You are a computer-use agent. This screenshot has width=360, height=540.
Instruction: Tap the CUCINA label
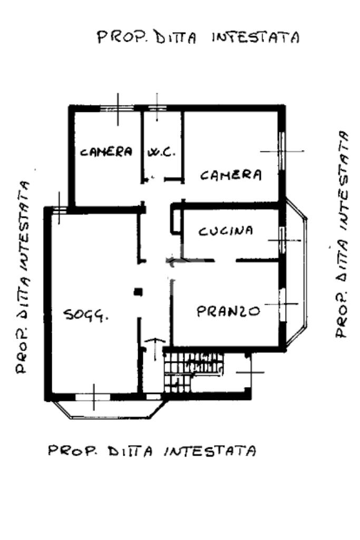226,231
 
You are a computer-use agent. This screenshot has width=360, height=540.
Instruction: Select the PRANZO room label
228,311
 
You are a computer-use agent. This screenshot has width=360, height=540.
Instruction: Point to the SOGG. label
86,315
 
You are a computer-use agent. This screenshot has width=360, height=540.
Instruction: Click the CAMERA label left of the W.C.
106,152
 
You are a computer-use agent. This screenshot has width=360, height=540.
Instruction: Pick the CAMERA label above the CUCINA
231,175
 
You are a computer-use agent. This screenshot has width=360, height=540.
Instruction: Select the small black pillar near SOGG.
138,291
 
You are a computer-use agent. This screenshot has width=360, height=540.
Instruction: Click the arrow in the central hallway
172,259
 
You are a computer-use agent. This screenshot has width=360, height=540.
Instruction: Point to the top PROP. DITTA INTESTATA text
198,38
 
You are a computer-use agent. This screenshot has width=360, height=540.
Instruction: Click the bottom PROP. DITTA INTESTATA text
153,451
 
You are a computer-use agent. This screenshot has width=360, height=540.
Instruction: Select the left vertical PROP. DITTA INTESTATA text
22,277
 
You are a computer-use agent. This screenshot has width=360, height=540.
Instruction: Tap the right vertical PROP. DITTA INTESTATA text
343,234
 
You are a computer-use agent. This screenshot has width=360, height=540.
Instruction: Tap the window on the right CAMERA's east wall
281,151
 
